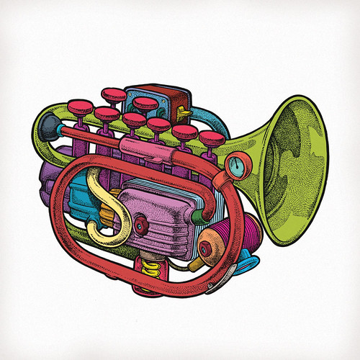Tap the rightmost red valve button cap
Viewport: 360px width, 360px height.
210,136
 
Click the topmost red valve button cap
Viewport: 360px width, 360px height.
113,93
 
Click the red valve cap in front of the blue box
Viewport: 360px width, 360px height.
145,104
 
